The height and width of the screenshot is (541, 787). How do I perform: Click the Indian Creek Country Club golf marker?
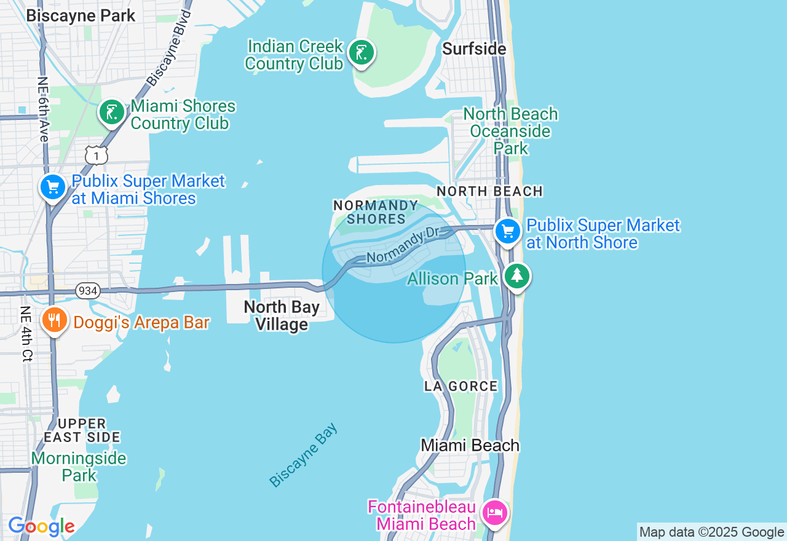[x=362, y=53]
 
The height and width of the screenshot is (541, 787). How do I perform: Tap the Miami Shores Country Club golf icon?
[x=112, y=113]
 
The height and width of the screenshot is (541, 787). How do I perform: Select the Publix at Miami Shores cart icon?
[x=53, y=187]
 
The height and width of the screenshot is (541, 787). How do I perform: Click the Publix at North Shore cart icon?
[x=508, y=232]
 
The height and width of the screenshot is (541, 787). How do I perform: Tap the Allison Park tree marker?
[x=517, y=276]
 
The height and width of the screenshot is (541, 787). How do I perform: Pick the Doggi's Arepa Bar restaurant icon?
[x=55, y=320]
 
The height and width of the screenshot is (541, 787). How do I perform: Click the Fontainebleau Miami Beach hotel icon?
[x=495, y=512]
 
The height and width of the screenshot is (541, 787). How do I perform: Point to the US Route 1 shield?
[x=96, y=155]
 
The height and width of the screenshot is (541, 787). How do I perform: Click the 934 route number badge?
[x=88, y=291]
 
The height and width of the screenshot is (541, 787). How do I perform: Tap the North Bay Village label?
[x=282, y=315]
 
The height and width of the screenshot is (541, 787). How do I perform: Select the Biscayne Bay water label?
[x=304, y=455]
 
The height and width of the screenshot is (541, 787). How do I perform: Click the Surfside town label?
[x=474, y=49]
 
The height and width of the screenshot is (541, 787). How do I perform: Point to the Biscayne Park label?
[x=81, y=15]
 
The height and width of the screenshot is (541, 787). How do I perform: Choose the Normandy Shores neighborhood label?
[x=376, y=211]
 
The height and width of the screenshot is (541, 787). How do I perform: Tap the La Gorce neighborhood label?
[x=461, y=386]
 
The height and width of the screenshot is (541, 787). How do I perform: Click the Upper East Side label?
[x=82, y=430]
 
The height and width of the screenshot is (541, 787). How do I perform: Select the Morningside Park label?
[x=79, y=466]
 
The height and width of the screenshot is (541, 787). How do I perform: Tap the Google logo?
[x=41, y=527]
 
